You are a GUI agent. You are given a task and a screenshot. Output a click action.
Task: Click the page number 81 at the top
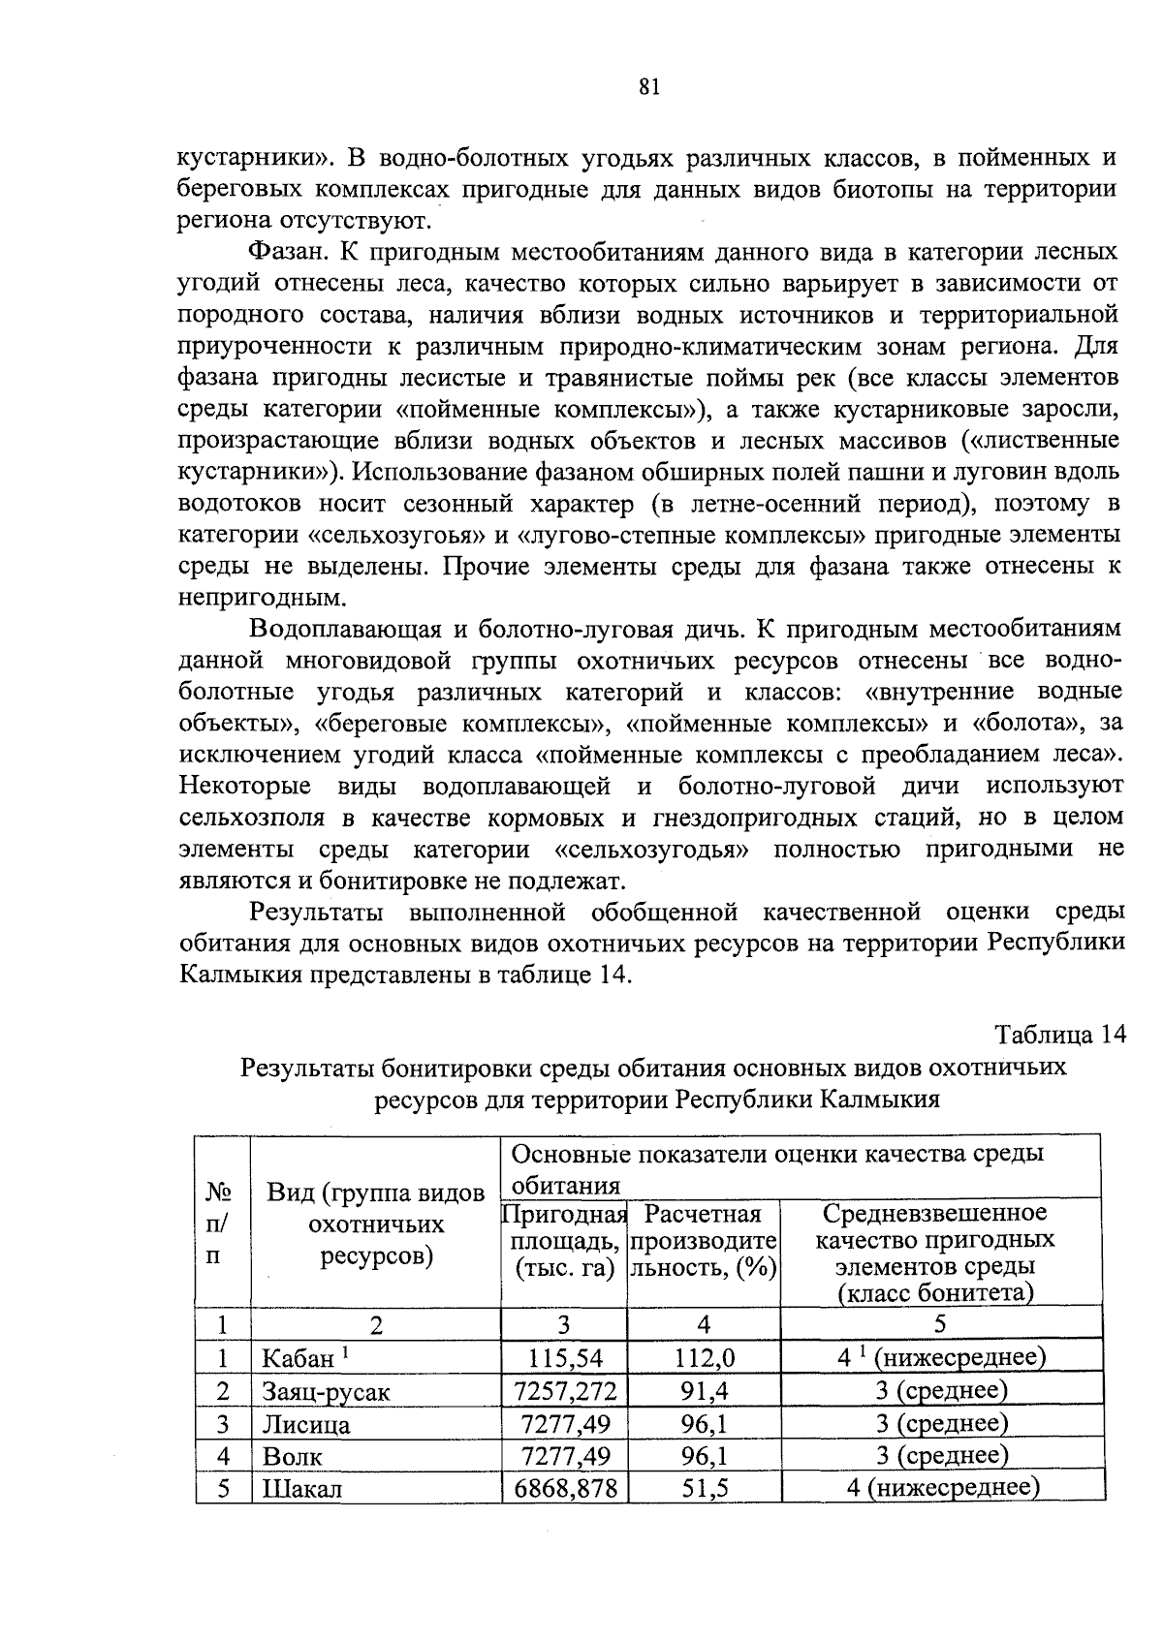[649, 88]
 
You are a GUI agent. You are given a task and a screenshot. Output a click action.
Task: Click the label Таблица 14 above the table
[1060, 1035]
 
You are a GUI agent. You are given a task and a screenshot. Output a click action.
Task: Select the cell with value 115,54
[564, 1359]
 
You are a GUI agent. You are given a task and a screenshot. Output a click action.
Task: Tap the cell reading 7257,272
[564, 1392]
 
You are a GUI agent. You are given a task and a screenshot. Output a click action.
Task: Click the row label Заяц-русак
[326, 1393]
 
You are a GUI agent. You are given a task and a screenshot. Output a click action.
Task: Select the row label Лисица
[306, 1425]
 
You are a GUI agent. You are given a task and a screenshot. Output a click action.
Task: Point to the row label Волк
[293, 1457]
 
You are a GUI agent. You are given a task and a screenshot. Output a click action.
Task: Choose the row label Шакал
[302, 1489]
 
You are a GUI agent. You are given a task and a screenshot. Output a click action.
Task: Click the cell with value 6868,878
[564, 1489]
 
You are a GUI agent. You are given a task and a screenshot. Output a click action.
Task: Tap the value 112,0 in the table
[704, 1359]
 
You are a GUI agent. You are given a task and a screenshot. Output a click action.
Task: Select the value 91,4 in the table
[704, 1392]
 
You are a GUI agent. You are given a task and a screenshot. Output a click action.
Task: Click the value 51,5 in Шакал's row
[704, 1489]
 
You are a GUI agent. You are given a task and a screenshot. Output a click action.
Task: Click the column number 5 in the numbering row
[939, 1324]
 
